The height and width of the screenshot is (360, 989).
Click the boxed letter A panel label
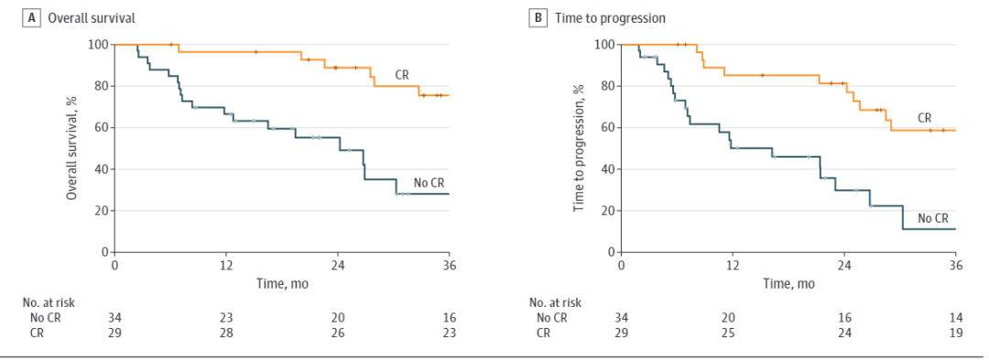point(29,18)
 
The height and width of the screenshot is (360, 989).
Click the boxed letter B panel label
point(538,18)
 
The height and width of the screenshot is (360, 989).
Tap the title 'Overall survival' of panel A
point(89,18)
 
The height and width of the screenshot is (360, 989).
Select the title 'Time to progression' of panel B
point(610,19)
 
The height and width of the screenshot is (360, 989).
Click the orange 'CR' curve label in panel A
point(402,75)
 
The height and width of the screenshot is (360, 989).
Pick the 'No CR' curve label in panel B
point(933,218)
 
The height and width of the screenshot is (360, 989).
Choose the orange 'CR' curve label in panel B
point(924,117)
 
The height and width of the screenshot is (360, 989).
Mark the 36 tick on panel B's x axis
point(955,263)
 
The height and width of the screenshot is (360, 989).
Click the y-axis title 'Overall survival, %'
point(72,148)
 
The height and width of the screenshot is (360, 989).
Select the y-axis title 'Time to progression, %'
point(579,148)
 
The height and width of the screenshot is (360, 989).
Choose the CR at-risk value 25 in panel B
point(733,333)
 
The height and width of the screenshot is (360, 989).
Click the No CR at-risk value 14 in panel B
point(955,318)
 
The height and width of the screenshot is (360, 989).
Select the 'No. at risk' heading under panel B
point(555,302)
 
